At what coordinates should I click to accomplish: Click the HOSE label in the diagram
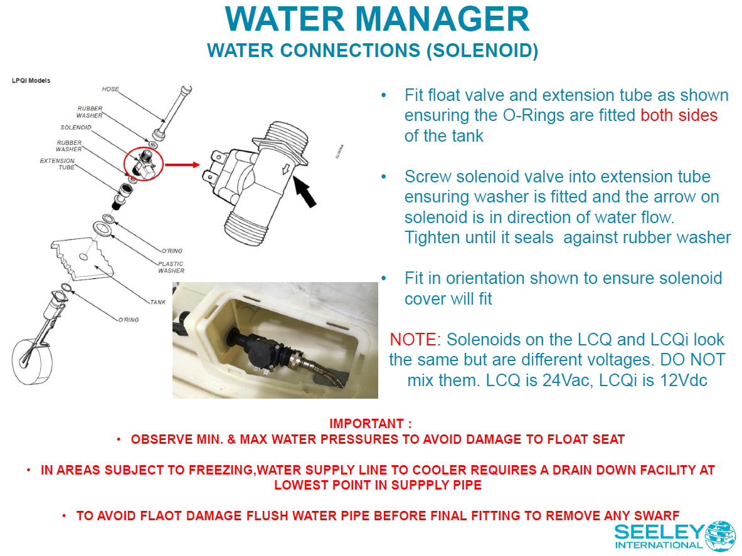(110, 89)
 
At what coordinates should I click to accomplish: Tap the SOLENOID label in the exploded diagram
(76, 127)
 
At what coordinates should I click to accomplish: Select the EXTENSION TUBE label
(57, 164)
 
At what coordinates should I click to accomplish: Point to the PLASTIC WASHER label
(171, 267)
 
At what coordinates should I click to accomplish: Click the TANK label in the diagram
(158, 302)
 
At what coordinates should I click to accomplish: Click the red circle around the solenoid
(144, 147)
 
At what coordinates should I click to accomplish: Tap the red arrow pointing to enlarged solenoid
(182, 164)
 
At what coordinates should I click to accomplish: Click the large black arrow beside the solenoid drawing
(304, 191)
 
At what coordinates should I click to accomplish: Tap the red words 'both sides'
(679, 115)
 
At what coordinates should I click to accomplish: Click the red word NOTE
(415, 340)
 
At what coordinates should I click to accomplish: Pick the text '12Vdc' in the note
(681, 380)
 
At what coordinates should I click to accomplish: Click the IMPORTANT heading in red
(371, 424)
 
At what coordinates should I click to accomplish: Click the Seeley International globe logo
(720, 536)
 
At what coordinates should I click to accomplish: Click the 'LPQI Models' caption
(31, 80)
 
